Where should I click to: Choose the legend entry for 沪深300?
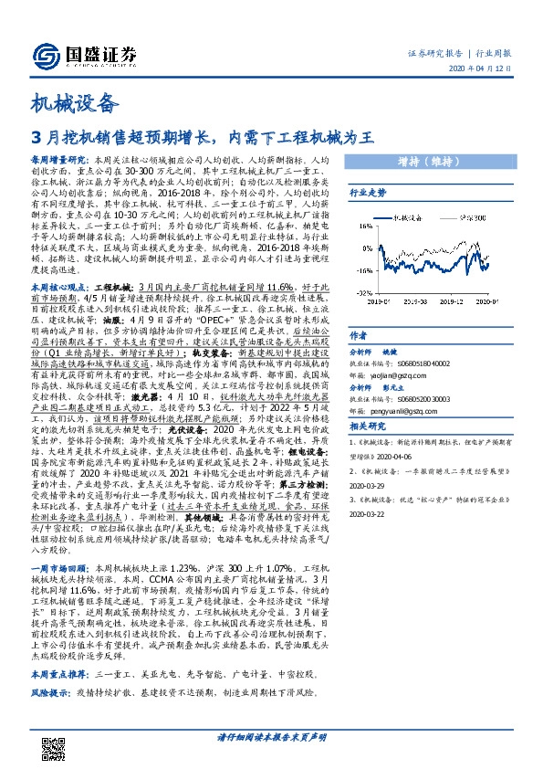[472, 218]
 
